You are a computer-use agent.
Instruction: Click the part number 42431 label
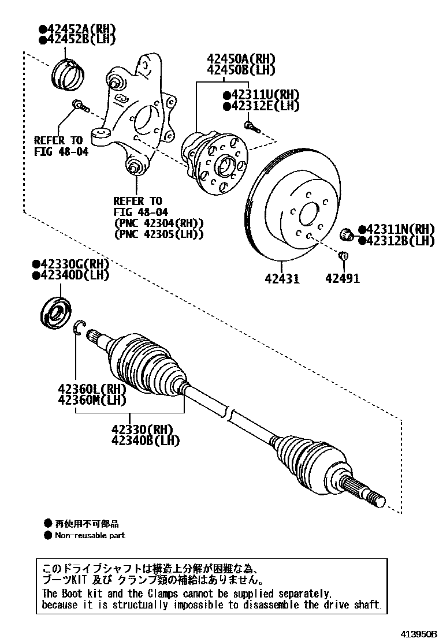click(x=282, y=279)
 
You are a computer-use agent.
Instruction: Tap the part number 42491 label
click(x=342, y=279)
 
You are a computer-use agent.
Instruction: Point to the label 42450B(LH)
click(x=241, y=70)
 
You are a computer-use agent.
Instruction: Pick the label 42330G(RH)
click(x=72, y=264)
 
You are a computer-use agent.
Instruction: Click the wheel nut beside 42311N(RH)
click(x=348, y=234)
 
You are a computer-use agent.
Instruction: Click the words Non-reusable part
click(x=90, y=535)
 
